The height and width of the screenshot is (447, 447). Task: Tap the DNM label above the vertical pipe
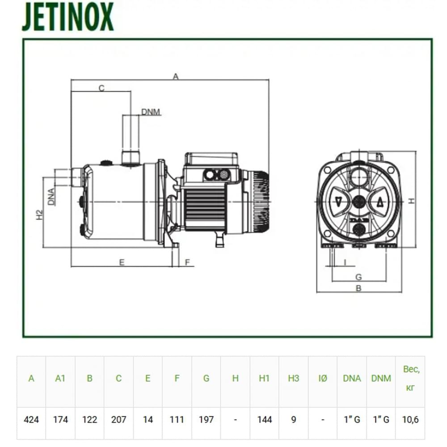151,112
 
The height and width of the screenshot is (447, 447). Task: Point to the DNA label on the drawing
52,196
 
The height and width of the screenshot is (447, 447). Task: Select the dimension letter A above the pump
176,76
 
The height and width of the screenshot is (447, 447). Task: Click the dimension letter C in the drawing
101,88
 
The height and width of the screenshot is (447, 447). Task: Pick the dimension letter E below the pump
122,262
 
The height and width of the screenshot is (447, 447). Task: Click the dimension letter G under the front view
358,277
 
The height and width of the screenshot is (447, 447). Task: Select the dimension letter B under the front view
358,288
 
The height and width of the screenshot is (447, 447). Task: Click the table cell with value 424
31,419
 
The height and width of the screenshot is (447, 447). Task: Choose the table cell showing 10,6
410,419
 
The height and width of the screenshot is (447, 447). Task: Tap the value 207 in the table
118,419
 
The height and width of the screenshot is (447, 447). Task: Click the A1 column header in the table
60,378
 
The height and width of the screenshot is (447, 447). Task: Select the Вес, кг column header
410,378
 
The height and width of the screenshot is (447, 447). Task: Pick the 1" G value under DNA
352,419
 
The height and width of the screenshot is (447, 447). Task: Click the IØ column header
322,378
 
